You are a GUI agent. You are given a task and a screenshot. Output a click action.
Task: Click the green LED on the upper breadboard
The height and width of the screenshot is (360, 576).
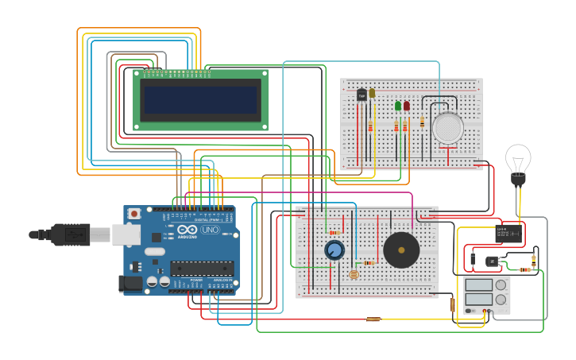click(398, 106)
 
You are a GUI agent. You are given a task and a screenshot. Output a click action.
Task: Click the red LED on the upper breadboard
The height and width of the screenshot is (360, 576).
click(407, 106)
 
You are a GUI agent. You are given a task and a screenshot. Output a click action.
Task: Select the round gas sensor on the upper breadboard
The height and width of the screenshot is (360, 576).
click(448, 128)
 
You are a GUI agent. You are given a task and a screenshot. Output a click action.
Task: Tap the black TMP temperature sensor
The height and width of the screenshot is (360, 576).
click(361, 95)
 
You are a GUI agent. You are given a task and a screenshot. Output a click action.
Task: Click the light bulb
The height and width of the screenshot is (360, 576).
click(518, 160)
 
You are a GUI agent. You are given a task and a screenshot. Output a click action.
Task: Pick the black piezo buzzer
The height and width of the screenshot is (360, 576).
click(401, 250)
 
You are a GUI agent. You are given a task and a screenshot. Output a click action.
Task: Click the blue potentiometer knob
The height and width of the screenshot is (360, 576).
click(334, 250)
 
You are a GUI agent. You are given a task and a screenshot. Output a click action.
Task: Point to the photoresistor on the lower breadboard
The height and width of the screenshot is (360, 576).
click(354, 274)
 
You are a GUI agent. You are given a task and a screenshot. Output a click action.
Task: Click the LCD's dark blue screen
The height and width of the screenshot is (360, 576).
click(200, 100)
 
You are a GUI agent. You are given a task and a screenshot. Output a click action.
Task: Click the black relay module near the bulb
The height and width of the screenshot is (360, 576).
click(508, 233)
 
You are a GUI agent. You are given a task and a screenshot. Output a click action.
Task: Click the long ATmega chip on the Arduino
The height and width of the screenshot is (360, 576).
click(202, 268)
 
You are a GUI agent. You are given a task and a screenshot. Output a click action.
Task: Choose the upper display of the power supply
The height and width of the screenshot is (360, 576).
click(479, 285)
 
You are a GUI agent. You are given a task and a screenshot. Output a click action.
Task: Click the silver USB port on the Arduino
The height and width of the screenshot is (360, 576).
click(126, 234)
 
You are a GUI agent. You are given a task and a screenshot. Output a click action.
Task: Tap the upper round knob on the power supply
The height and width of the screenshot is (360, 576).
click(501, 285)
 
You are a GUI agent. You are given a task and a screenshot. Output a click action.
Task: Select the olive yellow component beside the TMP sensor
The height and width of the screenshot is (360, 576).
click(372, 93)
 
